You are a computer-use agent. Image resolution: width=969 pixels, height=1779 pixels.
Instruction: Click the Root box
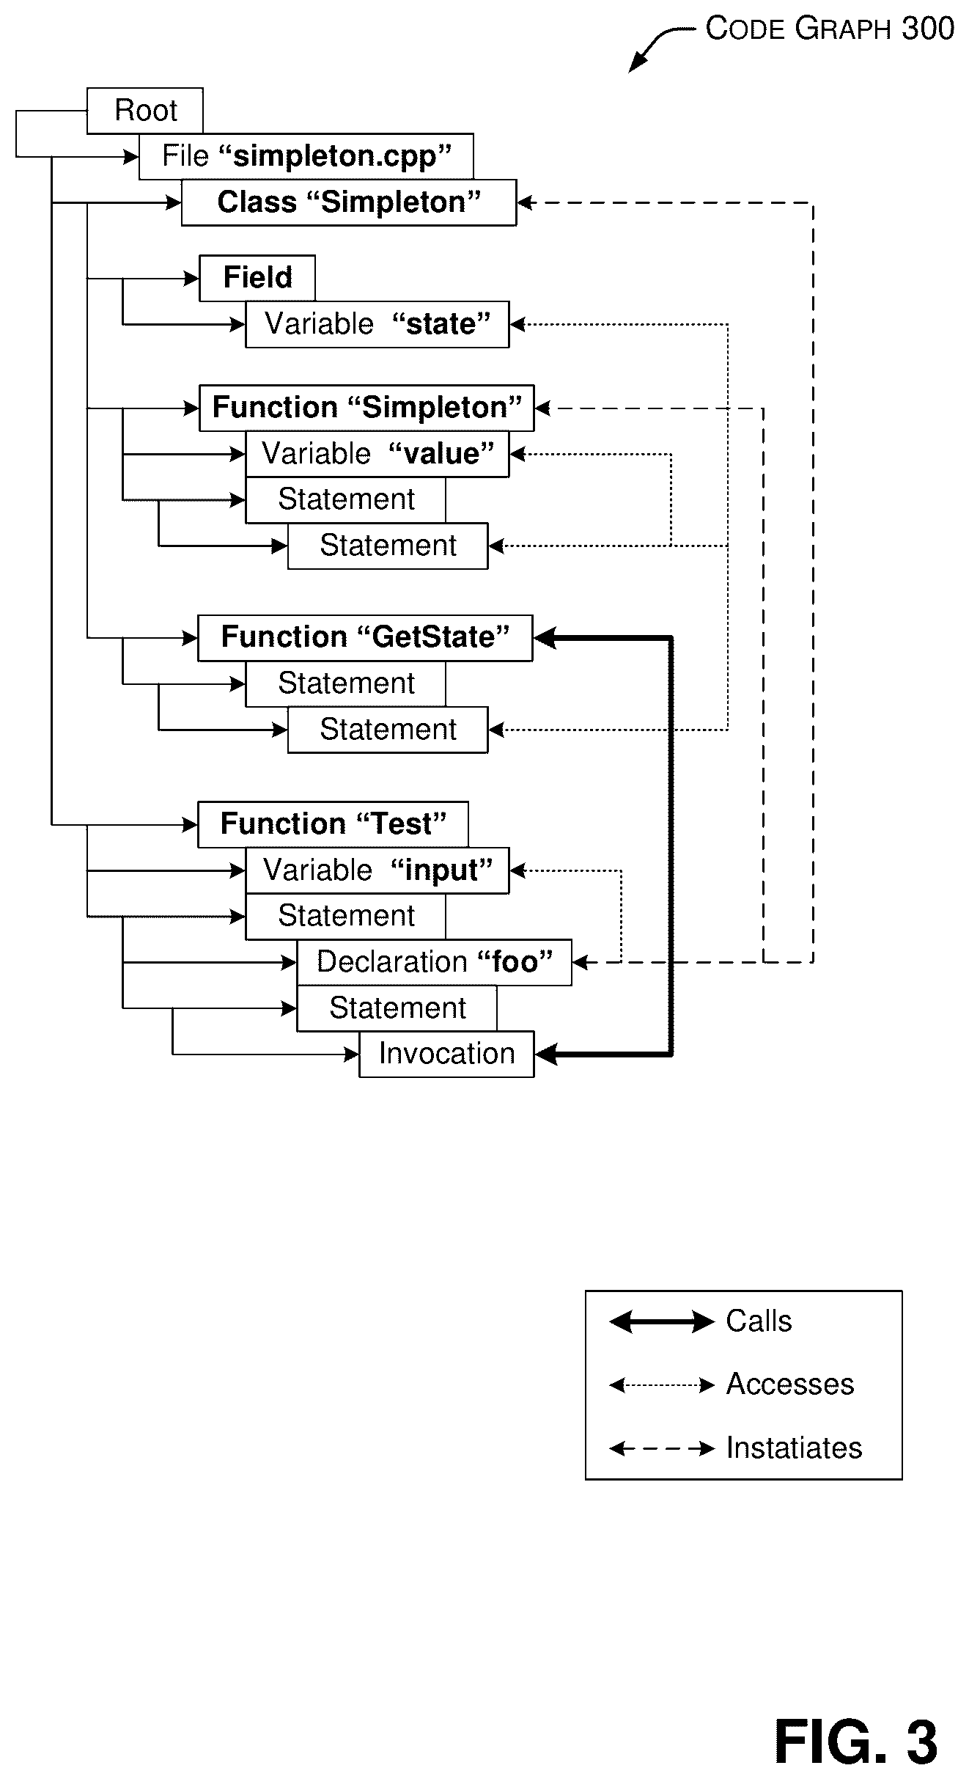click(145, 111)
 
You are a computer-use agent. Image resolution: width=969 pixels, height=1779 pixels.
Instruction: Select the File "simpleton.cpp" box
click(306, 156)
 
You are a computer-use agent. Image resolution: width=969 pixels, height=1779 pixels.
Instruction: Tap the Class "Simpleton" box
click(349, 202)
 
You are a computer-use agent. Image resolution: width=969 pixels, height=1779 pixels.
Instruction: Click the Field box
click(257, 278)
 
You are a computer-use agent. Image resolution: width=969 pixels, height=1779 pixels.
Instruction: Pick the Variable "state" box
click(377, 324)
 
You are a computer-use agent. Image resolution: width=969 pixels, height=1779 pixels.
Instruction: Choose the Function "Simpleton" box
click(366, 408)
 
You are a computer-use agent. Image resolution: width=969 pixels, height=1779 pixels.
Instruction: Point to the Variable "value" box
click(377, 454)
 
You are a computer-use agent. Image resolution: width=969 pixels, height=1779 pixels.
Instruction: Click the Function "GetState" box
click(365, 638)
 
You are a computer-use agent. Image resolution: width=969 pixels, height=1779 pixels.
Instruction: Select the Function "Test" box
click(333, 824)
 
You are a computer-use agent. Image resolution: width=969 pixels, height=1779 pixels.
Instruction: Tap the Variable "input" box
click(377, 870)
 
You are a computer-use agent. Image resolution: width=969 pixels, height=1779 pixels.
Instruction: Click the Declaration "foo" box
click(434, 962)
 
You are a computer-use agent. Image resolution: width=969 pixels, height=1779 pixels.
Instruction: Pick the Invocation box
click(446, 1054)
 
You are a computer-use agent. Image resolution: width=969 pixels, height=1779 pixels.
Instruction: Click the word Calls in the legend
click(759, 1321)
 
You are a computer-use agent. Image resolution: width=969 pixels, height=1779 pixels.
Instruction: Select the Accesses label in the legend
click(790, 1384)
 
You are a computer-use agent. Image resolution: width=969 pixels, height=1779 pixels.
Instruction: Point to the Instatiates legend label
click(794, 1448)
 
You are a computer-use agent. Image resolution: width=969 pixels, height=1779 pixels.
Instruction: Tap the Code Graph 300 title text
click(830, 29)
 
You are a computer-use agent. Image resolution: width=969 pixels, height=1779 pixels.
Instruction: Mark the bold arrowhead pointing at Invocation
click(546, 1054)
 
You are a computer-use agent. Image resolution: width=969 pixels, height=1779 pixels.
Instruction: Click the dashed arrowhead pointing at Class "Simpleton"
click(526, 202)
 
